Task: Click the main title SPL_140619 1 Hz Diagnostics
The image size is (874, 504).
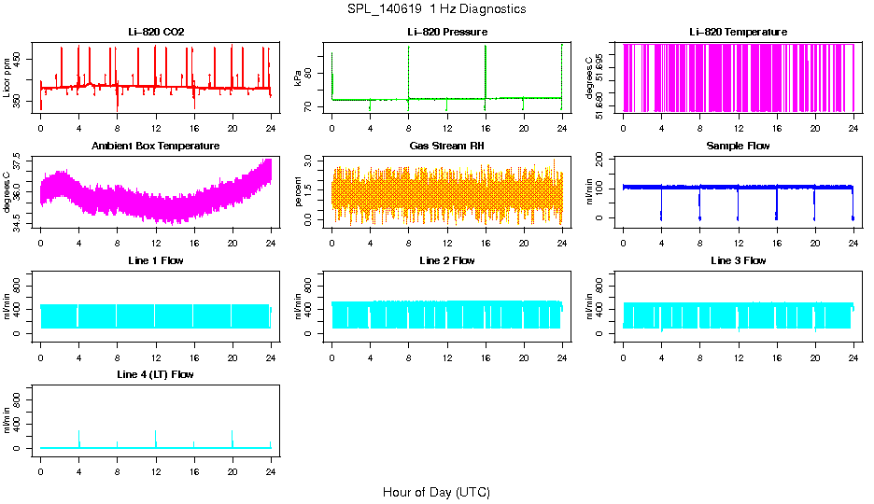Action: click(435, 9)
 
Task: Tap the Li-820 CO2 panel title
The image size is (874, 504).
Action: click(156, 33)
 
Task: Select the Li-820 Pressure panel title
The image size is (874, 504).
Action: click(446, 33)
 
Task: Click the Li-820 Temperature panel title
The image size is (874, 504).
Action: click(738, 33)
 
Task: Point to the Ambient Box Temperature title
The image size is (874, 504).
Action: click(156, 147)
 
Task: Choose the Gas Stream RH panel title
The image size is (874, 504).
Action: click(446, 147)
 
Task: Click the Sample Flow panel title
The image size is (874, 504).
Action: click(738, 147)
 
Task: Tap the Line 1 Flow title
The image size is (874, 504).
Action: click(156, 260)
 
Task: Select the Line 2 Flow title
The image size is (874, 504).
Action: click(446, 260)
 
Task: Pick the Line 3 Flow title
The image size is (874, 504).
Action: click(738, 260)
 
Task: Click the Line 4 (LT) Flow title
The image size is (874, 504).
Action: click(156, 374)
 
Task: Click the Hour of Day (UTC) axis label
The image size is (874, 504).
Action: click(435, 492)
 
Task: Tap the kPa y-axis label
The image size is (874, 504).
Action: click(298, 79)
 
